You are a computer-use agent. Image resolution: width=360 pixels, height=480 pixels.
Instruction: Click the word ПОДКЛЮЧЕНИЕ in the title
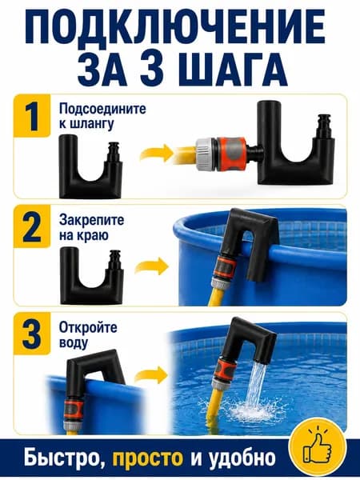[x=174, y=27]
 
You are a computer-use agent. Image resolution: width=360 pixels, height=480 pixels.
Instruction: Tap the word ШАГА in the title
[x=233, y=69]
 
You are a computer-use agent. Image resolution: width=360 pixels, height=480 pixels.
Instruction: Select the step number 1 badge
[x=31, y=116]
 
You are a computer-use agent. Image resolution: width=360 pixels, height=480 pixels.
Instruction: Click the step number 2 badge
[x=31, y=226]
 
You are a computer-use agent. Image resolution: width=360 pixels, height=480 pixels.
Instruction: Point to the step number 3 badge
[x=31, y=333]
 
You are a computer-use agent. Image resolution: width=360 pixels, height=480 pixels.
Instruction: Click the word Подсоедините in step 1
[x=102, y=110]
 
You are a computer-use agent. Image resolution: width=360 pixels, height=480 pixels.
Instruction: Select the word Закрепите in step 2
[x=91, y=220]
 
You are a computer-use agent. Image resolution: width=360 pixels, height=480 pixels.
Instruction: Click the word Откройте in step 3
[x=88, y=327]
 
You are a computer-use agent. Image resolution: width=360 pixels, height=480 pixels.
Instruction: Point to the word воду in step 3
[x=74, y=342]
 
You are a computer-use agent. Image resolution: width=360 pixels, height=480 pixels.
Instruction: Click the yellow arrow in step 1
[x=157, y=153]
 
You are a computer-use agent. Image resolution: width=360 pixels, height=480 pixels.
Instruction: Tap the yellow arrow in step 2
[x=152, y=266]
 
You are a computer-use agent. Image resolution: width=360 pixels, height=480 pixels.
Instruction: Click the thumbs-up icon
[x=318, y=446]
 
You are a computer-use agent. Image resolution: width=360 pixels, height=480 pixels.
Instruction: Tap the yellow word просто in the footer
[x=147, y=458]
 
